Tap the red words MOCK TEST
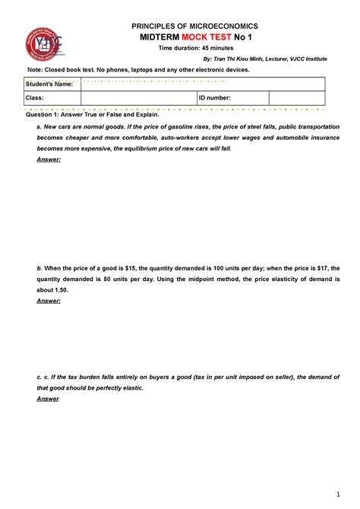click(x=201, y=37)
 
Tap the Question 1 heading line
click(x=93, y=114)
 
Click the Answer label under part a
click(x=49, y=160)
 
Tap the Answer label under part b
click(x=49, y=301)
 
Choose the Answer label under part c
click(x=48, y=398)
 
